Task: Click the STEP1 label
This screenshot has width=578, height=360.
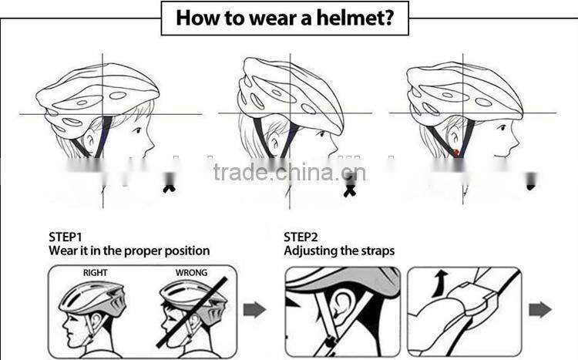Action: point(66,237)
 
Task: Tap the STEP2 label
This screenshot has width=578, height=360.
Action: point(301,237)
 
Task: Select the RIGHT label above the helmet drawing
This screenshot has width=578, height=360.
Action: point(96,272)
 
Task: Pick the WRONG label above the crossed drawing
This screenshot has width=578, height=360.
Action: point(191,272)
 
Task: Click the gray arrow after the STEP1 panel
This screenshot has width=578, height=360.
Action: point(254,310)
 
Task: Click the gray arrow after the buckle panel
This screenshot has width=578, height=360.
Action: point(540,310)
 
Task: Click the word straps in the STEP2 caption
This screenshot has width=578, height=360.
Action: point(376,251)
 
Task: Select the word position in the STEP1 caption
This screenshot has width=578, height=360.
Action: point(186,251)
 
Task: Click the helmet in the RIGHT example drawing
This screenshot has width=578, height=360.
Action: point(91,297)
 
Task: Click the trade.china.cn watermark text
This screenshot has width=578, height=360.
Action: point(289,172)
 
